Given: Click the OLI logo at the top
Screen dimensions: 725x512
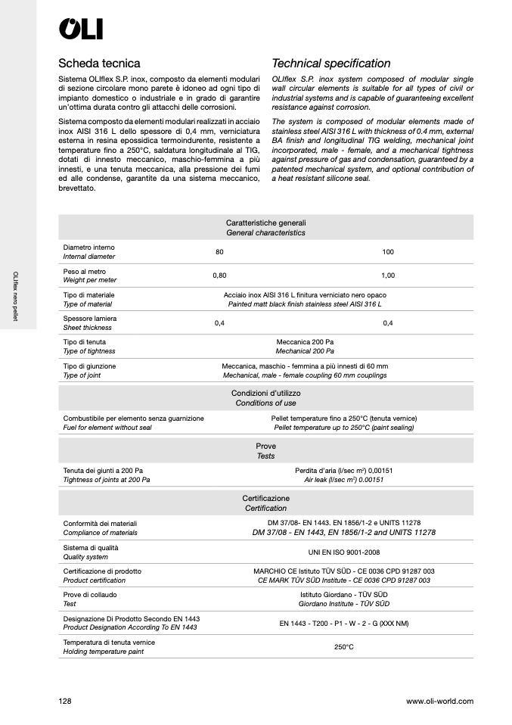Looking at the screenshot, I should [81, 29].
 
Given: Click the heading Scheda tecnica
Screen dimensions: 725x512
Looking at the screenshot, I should [99, 64].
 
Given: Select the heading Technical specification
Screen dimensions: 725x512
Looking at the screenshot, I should [330, 64].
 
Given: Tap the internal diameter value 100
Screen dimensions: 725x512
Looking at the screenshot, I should [388, 252].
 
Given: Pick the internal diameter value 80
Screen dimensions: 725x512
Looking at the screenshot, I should [219, 252].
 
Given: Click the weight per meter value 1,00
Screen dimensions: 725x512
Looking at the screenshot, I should [388, 275].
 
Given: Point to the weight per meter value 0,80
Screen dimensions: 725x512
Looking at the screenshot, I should [219, 275].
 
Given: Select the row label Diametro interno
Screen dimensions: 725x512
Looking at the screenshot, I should [89, 247].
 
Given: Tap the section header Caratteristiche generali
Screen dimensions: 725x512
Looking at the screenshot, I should [265, 223].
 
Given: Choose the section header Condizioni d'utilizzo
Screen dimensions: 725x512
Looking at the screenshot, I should [265, 394].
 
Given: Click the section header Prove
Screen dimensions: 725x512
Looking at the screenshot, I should [265, 447].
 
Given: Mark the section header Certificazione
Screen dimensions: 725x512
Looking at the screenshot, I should [265, 499].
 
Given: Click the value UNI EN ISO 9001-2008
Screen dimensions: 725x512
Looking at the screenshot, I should [344, 552].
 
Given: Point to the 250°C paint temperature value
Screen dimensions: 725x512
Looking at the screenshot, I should [344, 647].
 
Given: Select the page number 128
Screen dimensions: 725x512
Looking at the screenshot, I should [65, 702].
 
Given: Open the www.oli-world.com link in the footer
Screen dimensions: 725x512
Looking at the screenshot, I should [439, 702].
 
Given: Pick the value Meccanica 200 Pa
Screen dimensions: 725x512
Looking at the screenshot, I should [305, 342].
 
